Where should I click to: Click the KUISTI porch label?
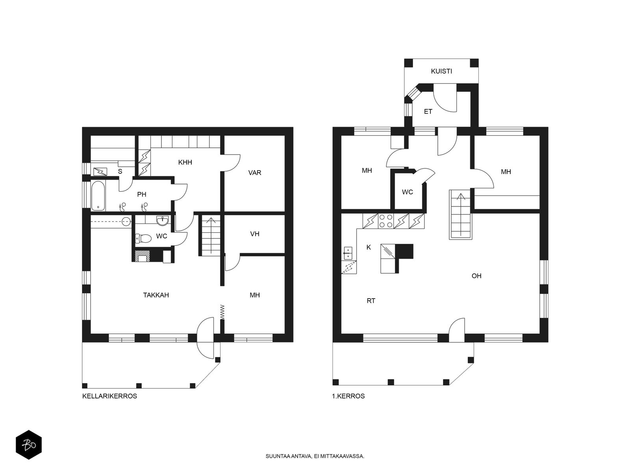441,71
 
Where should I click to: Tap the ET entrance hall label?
428,112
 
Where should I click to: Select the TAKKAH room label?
156,295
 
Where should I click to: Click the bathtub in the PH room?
98,195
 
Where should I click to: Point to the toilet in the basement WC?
143,238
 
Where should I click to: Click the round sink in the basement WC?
162,221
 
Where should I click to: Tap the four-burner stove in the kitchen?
385,221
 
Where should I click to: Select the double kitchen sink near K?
348,253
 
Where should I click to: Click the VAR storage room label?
255,173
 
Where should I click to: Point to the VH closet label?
255,234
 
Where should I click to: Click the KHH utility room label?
185,162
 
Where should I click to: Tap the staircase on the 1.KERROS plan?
460,214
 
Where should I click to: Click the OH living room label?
476,276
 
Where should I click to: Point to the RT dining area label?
371,301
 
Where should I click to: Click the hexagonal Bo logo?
29,445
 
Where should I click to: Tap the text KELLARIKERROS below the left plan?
109,396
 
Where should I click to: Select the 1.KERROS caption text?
348,396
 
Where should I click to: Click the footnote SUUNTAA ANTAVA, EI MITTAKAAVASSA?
315,457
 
